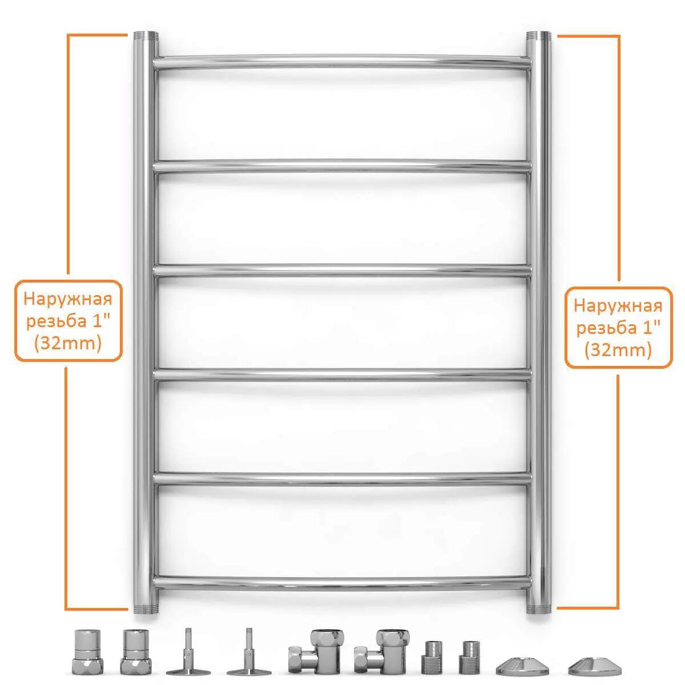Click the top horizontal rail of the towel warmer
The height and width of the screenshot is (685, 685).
(x=342, y=62)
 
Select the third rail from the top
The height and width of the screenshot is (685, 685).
(x=342, y=271)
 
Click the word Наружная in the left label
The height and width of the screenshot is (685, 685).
(x=68, y=300)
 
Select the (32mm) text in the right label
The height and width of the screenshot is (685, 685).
(x=618, y=350)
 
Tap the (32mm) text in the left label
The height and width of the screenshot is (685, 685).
(x=68, y=343)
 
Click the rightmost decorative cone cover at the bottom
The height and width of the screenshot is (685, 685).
(x=595, y=666)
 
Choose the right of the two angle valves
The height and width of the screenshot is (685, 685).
(x=381, y=651)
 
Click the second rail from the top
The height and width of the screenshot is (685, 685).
(x=342, y=166)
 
